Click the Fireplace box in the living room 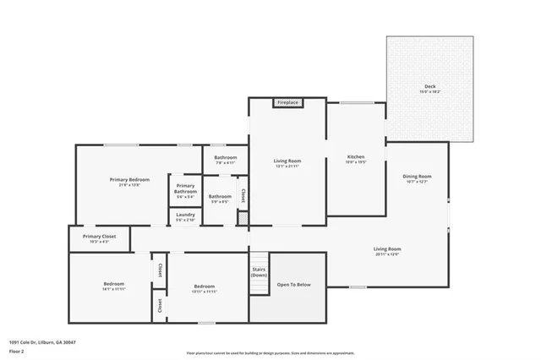pos(287,103)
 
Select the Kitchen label pos(356,159)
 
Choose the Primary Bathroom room pos(185,190)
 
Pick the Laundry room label pos(185,215)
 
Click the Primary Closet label pos(99,238)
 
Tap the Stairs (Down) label pos(260,272)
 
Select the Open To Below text pos(294,285)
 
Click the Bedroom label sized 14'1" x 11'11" pos(114,286)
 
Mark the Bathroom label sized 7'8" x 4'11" pos(225,159)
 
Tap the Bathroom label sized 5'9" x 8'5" pos(220,199)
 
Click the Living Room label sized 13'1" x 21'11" pos(287,162)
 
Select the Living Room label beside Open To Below pos(387,251)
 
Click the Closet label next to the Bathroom pos(243,194)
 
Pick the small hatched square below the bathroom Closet pos(243,219)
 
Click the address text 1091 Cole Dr pos(42,342)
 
